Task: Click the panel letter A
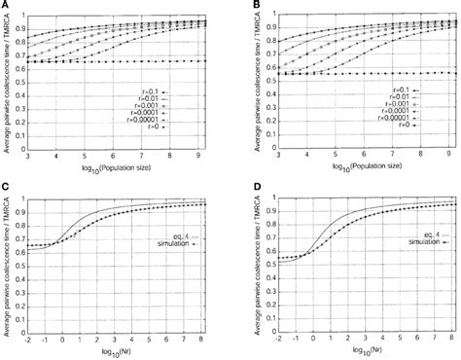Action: [x=5, y=6]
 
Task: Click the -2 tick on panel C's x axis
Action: [x=33, y=341]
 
